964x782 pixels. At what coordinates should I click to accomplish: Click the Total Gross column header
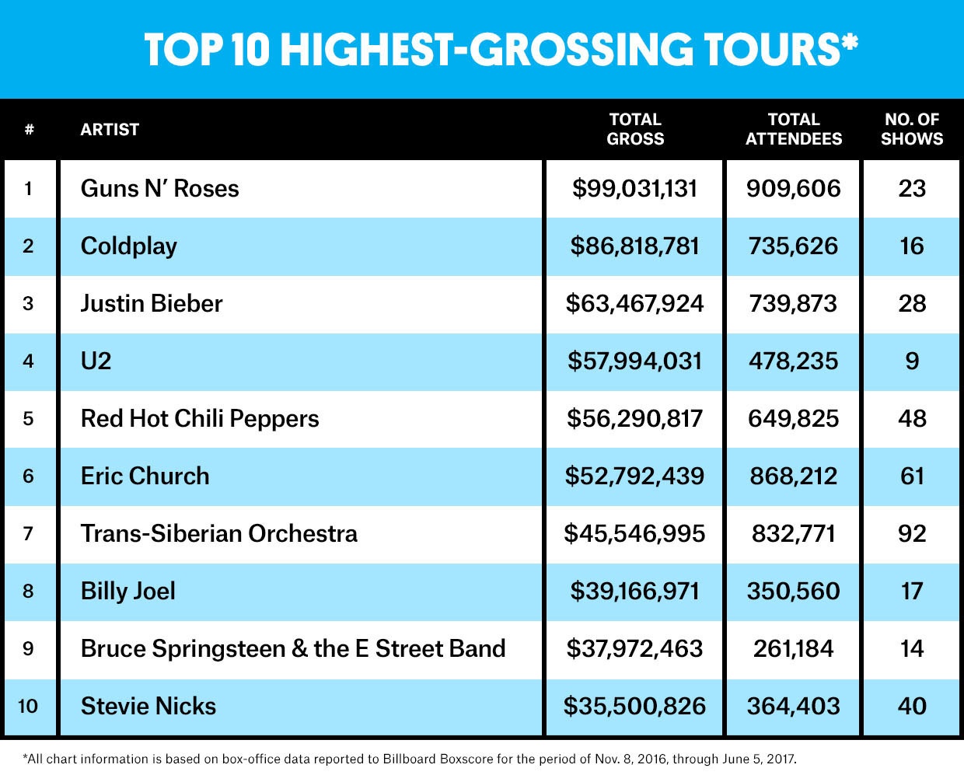(635, 129)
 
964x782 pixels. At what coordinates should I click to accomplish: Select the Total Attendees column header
(793, 129)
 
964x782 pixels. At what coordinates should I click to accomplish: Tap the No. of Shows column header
(911, 129)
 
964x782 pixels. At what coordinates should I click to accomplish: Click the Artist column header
(110, 130)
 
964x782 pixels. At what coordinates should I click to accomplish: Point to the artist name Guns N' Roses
(159, 189)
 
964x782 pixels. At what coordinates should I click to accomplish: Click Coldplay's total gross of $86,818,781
(635, 246)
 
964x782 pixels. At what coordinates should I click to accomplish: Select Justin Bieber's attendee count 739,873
(793, 304)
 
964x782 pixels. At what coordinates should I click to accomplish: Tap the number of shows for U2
(912, 361)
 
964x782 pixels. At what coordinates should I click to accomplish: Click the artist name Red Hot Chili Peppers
(200, 419)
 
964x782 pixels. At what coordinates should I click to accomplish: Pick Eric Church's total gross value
(635, 477)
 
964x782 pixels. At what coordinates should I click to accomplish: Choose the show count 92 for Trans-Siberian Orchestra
(912, 534)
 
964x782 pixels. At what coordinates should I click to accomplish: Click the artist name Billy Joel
(128, 592)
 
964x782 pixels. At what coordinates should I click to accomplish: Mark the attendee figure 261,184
(793, 649)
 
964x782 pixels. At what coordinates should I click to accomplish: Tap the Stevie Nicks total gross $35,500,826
(635, 707)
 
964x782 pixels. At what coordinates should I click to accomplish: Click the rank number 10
(28, 707)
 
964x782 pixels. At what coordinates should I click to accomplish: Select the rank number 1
(28, 189)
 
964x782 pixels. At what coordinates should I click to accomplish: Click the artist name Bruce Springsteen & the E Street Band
(293, 649)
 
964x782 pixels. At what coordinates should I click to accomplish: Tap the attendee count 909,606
(793, 189)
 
